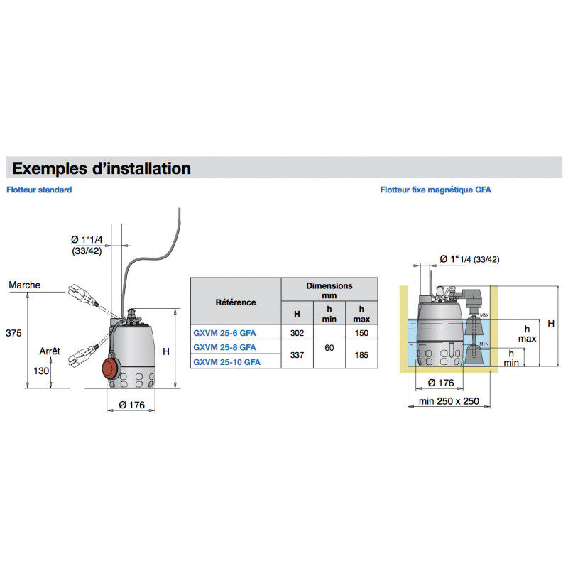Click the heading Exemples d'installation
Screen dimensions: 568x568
click(x=102, y=169)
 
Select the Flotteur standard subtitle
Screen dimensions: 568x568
click(x=39, y=190)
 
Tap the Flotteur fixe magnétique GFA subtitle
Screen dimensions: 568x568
click(x=435, y=190)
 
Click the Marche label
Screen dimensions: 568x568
click(x=25, y=285)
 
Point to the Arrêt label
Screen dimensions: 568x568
click(x=50, y=351)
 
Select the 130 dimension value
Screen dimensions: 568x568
click(x=40, y=370)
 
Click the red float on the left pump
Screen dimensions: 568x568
click(x=109, y=367)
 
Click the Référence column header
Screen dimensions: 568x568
click(x=236, y=302)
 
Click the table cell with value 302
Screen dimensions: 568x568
click(x=297, y=332)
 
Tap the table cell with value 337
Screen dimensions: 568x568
click(x=297, y=354)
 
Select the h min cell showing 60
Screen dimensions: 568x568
click(x=329, y=347)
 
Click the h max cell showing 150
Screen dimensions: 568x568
click(x=361, y=332)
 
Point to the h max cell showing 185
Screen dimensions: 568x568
click(x=361, y=354)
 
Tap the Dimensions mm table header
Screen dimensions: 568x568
click(x=329, y=290)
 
